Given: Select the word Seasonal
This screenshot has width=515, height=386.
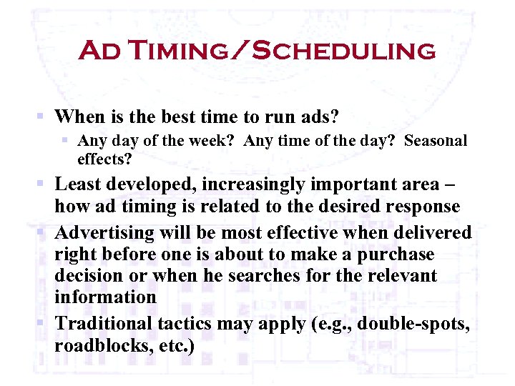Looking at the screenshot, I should tap(436, 141).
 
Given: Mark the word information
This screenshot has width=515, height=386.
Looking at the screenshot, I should tap(105, 297).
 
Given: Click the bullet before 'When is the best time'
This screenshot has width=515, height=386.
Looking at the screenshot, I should tap(43, 115).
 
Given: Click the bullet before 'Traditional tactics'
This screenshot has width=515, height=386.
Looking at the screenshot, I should tap(43, 322).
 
